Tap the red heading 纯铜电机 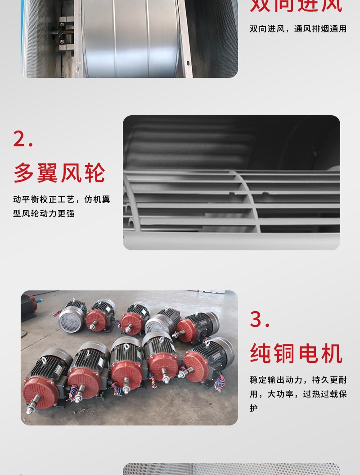pyautogui.click(x=296, y=353)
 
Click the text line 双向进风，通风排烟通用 pyautogui.click(x=298, y=29)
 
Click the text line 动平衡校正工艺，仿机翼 pyautogui.click(x=62, y=199)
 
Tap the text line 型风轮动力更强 pyautogui.click(x=44, y=213)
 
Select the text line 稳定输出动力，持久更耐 pyautogui.click(x=298, y=380)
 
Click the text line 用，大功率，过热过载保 pyautogui.click(x=298, y=394)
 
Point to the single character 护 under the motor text pyautogui.click(x=254, y=408)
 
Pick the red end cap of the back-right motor pyautogui.click(x=186, y=330)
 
